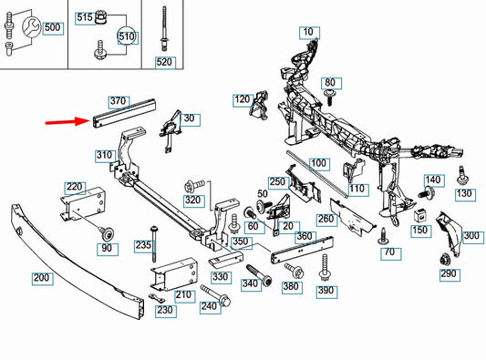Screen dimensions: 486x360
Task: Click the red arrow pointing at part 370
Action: tap(67, 121)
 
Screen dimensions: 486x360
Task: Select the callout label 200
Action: tap(43, 278)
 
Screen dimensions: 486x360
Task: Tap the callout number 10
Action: tap(309, 33)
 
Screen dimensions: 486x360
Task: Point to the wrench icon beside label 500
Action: tap(31, 27)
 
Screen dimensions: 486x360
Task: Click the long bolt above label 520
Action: tap(163, 28)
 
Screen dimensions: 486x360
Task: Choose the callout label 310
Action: tap(106, 156)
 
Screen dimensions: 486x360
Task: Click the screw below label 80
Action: tap(329, 97)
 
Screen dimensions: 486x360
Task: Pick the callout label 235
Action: tap(144, 246)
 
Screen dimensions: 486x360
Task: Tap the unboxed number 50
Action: tap(263, 194)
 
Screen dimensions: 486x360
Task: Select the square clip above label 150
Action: tap(419, 216)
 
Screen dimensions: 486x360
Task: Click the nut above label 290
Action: tap(445, 259)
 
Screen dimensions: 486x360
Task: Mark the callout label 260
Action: tap(326, 220)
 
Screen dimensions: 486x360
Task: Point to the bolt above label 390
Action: tap(325, 267)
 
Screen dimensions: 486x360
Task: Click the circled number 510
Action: tap(126, 36)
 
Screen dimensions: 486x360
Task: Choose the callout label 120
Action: tap(243, 100)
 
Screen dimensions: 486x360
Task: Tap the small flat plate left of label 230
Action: tap(157, 298)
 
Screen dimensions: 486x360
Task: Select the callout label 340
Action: tap(251, 284)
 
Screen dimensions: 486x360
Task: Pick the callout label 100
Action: tap(319, 164)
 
